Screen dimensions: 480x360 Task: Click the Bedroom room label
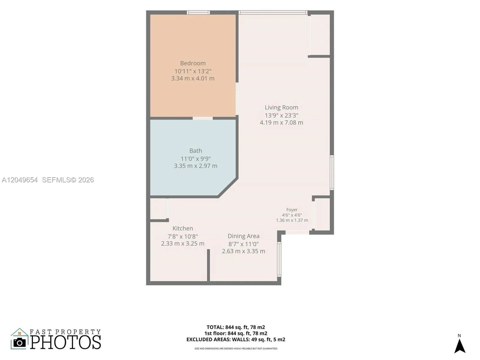click(193, 63)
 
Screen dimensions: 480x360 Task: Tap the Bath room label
click(196, 151)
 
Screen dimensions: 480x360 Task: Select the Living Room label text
click(281, 107)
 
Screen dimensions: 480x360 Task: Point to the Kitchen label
click(183, 228)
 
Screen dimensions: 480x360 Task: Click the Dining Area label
click(243, 236)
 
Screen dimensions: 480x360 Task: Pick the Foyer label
click(292, 210)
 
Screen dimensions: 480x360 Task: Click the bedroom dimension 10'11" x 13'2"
click(193, 71)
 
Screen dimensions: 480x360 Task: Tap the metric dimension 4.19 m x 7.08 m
click(281, 122)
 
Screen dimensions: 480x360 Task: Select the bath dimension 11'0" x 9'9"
click(196, 158)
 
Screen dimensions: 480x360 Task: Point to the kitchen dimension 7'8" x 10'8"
click(183, 236)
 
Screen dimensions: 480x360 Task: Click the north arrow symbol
click(460, 346)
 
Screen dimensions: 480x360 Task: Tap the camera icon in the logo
click(19, 343)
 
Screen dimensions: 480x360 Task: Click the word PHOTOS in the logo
click(65, 342)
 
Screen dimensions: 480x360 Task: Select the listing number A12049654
click(20, 180)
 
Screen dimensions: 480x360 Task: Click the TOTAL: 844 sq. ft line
click(236, 327)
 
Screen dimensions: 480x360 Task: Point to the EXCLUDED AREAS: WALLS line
click(236, 340)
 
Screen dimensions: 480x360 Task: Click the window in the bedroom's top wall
click(198, 13)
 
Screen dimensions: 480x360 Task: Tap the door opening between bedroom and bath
click(202, 118)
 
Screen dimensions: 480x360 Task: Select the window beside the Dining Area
click(279, 259)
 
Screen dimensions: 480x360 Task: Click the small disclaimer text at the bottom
click(236, 349)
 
